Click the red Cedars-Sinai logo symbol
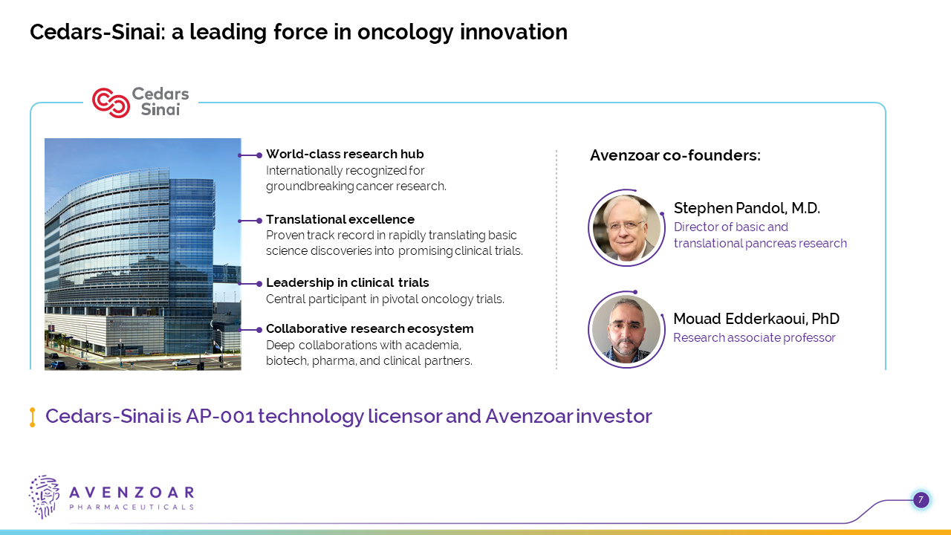111,103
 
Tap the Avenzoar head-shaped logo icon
44,497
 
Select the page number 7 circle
921,500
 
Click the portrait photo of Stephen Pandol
626,228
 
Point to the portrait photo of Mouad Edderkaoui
626,329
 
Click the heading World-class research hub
345,154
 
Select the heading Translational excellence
340,219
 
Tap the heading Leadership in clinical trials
347,282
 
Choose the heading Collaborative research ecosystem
369,328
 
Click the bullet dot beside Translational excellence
259,221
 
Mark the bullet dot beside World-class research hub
259,155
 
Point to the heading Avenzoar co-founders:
675,155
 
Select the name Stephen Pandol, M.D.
747,208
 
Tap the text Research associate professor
754,337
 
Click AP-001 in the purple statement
220,416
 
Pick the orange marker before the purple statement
32,417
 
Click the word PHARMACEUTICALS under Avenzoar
132,507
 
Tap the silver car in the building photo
182,362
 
